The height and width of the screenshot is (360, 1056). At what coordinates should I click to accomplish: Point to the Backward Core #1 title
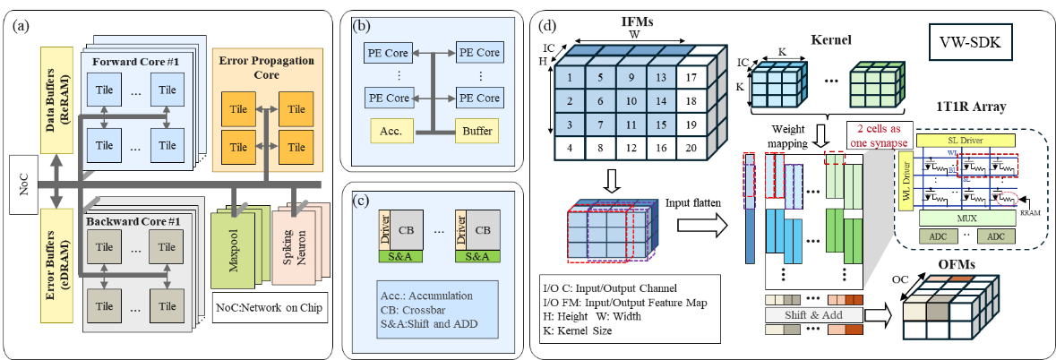[135, 219]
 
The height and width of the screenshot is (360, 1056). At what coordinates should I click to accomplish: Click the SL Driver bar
[964, 140]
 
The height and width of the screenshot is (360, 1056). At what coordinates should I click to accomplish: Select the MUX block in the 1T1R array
[964, 219]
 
